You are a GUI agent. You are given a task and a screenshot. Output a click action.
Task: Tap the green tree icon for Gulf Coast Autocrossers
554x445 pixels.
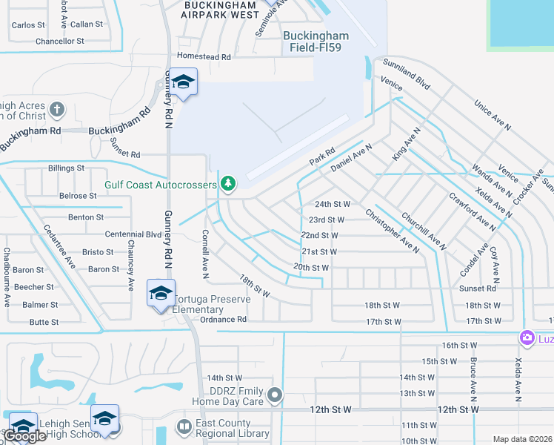point(229,183)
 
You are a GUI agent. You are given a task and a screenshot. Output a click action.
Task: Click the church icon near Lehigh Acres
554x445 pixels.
point(57,111)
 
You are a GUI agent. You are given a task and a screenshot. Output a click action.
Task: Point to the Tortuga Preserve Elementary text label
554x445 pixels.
point(214,305)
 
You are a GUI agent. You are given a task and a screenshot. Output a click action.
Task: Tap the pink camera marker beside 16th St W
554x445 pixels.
point(527,338)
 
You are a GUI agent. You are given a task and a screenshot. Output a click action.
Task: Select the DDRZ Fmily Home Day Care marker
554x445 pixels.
point(275,395)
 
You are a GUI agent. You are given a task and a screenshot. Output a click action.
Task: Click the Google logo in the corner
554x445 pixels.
point(24,437)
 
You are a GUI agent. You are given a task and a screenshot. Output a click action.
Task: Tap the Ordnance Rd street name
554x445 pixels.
point(223,320)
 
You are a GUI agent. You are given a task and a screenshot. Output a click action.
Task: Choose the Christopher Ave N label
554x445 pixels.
point(392,230)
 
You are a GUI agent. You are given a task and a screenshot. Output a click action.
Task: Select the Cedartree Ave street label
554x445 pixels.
point(59,245)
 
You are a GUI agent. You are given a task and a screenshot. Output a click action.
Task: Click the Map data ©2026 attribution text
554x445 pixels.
point(522,439)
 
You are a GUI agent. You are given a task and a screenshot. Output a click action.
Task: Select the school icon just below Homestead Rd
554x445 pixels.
point(182,82)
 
